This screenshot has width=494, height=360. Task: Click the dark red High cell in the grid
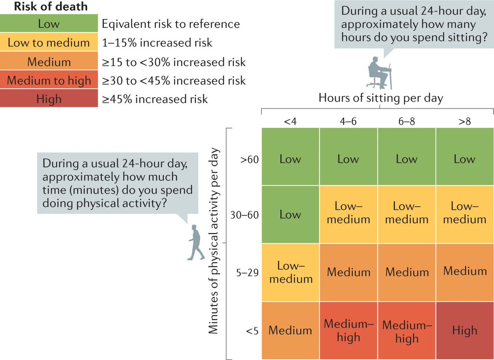[x=465, y=331]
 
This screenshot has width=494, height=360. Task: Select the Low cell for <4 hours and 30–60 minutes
[x=290, y=214]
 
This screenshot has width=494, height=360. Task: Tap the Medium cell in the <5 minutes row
[x=290, y=331]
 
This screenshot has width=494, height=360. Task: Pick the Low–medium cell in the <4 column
[x=290, y=272]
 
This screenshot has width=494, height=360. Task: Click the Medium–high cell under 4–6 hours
[x=348, y=331]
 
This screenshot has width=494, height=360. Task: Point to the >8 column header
[x=465, y=122]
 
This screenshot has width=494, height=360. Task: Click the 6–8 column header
[x=407, y=122]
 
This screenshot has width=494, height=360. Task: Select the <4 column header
[x=290, y=122]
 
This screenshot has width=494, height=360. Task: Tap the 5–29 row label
[x=247, y=272]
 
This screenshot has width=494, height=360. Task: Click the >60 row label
[x=250, y=160]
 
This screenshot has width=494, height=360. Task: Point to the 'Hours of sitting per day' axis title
[x=380, y=98]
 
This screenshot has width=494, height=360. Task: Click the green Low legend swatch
[x=49, y=24]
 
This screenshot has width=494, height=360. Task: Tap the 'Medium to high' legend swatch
[x=49, y=81]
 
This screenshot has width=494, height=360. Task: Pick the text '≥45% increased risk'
[x=155, y=99]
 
